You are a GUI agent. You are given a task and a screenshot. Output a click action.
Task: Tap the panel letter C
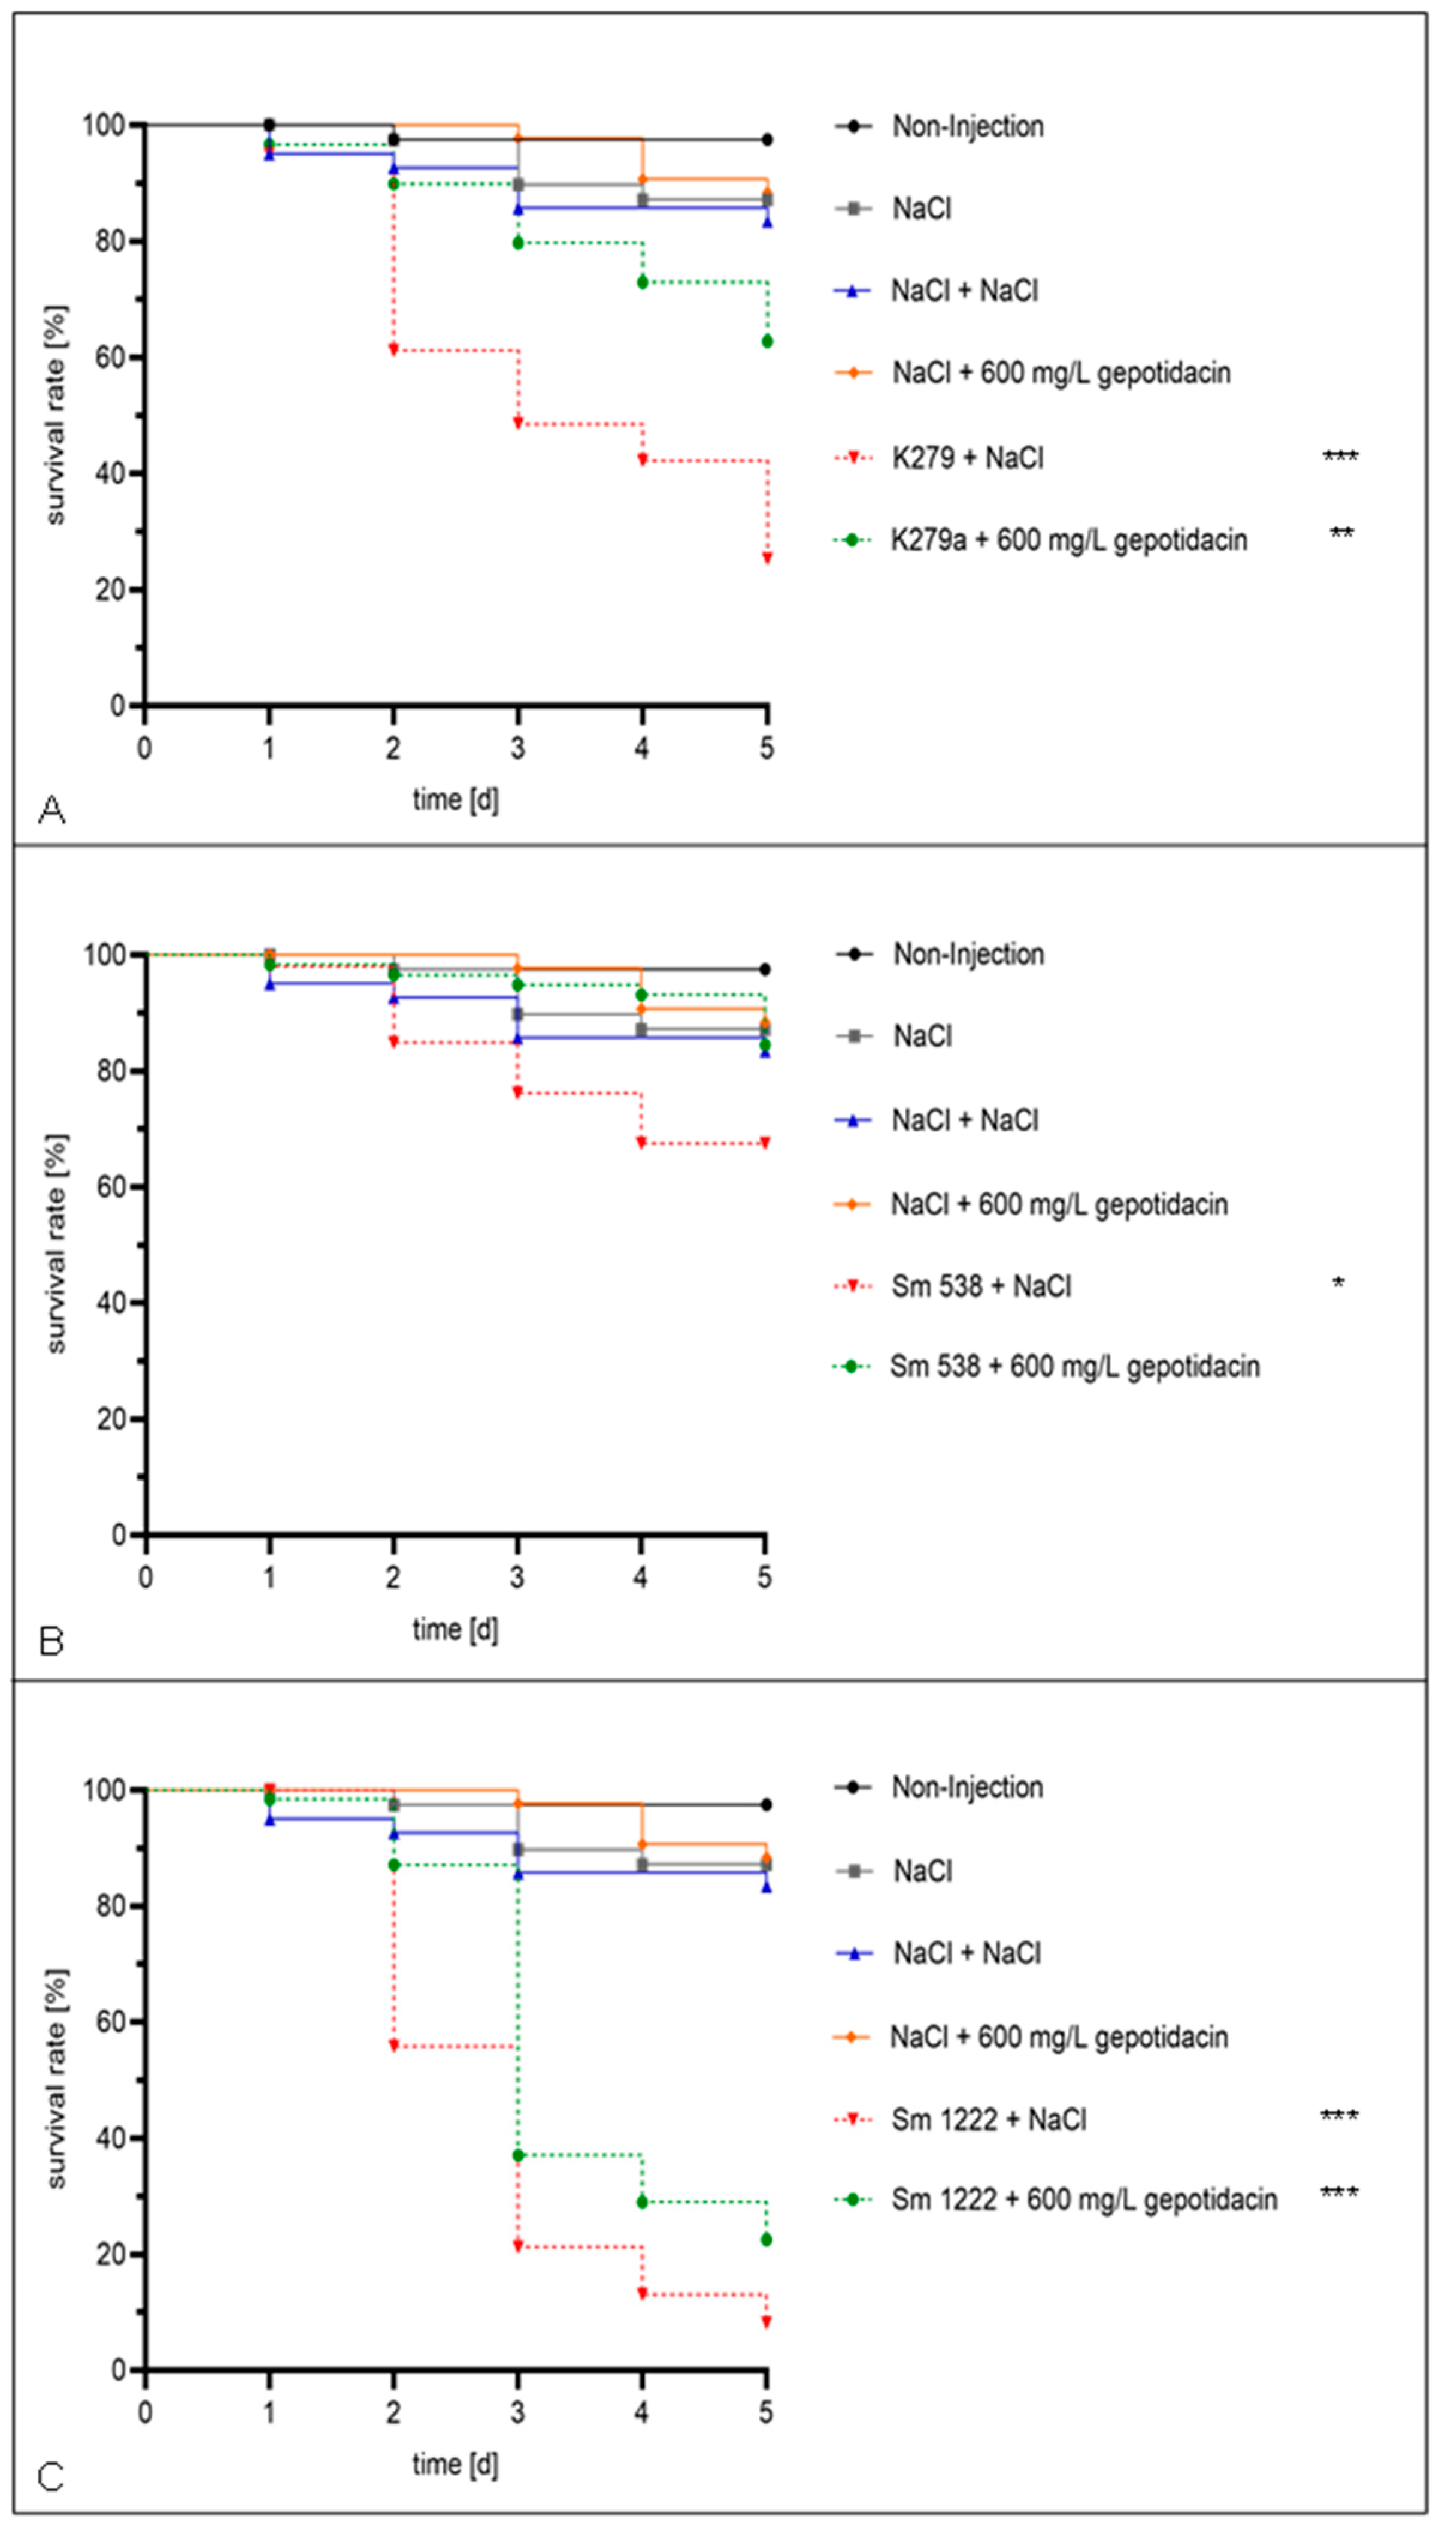[51, 2478]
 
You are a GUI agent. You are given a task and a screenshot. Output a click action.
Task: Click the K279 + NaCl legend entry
[967, 458]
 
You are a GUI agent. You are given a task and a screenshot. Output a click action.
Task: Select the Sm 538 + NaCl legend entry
[980, 1286]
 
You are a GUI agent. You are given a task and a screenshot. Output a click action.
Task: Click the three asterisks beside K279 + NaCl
[1340, 457]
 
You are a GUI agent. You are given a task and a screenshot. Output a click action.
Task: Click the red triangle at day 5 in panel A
[767, 558]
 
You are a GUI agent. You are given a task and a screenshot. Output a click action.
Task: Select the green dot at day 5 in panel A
[767, 341]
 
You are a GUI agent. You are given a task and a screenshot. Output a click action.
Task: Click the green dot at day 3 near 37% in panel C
[518, 2155]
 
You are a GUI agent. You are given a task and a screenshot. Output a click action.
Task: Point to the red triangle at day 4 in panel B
[641, 1143]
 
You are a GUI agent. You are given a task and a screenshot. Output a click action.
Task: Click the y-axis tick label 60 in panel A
[109, 357]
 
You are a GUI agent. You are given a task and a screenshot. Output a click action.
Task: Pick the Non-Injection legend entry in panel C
[967, 1787]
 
